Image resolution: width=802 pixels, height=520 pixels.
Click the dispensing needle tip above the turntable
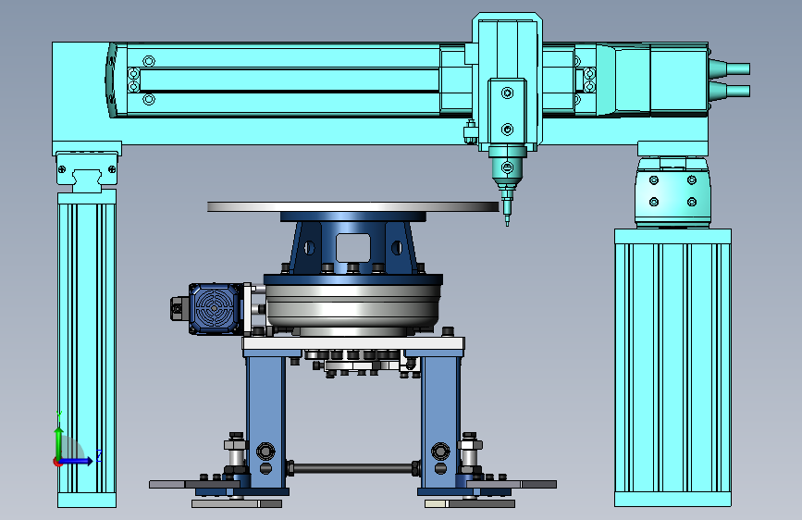[508, 224]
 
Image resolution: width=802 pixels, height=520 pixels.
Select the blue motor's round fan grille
[214, 308]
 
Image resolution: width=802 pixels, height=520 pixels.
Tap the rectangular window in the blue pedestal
[353, 248]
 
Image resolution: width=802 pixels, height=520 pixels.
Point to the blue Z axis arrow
[78, 461]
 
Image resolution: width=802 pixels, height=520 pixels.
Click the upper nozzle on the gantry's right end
[729, 68]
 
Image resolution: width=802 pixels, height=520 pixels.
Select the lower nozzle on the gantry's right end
[729, 91]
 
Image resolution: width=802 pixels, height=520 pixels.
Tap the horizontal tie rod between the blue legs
[352, 467]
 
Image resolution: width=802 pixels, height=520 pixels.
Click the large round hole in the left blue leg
[265, 452]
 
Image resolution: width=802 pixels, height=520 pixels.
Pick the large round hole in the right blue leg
[440, 452]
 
